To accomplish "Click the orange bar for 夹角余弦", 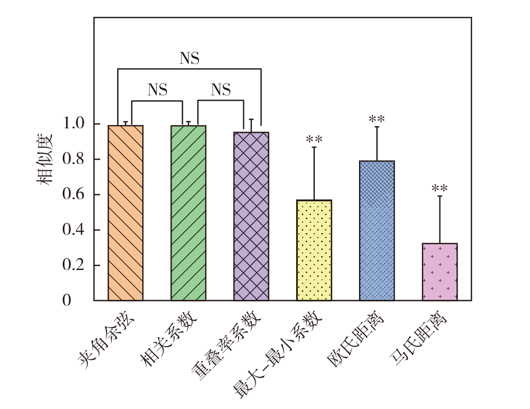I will point(125,213).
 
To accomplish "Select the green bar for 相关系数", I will point(188,213).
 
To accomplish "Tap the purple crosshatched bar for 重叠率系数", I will point(251,216).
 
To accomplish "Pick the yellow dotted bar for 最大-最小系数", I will point(314,250).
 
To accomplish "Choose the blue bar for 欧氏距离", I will point(377,231).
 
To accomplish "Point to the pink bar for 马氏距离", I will point(439,272).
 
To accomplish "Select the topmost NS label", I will point(189,58).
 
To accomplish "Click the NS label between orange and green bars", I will point(157,90).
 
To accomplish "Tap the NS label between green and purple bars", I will point(221,90).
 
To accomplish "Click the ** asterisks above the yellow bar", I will point(314,140).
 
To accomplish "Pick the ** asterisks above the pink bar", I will point(439,189).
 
